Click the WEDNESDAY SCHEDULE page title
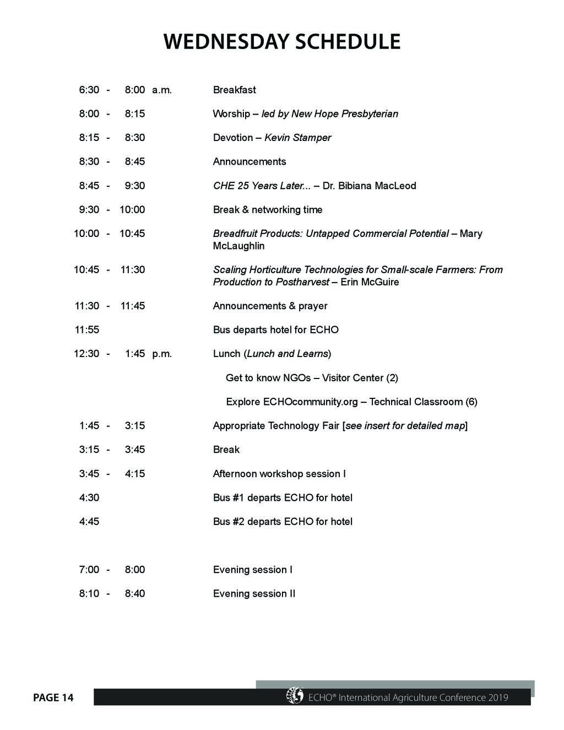[281, 42]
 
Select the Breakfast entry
[234, 90]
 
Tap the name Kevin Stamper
[297, 138]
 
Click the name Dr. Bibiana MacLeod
[369, 186]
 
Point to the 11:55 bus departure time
[87, 330]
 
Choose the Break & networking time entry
[268, 210]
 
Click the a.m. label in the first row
[162, 90]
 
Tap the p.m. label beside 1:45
[162, 354]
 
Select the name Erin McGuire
[370, 282]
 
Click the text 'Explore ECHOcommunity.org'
[292, 402]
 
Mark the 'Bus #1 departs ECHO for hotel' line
[283, 498]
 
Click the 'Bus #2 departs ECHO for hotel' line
[283, 522]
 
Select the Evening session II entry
[254, 594]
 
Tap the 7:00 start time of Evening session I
[89, 570]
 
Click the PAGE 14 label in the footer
[53, 698]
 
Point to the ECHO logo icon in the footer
[295, 696]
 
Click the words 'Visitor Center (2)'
[360, 378]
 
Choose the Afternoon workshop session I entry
[279, 474]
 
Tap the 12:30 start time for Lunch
[86, 354]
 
